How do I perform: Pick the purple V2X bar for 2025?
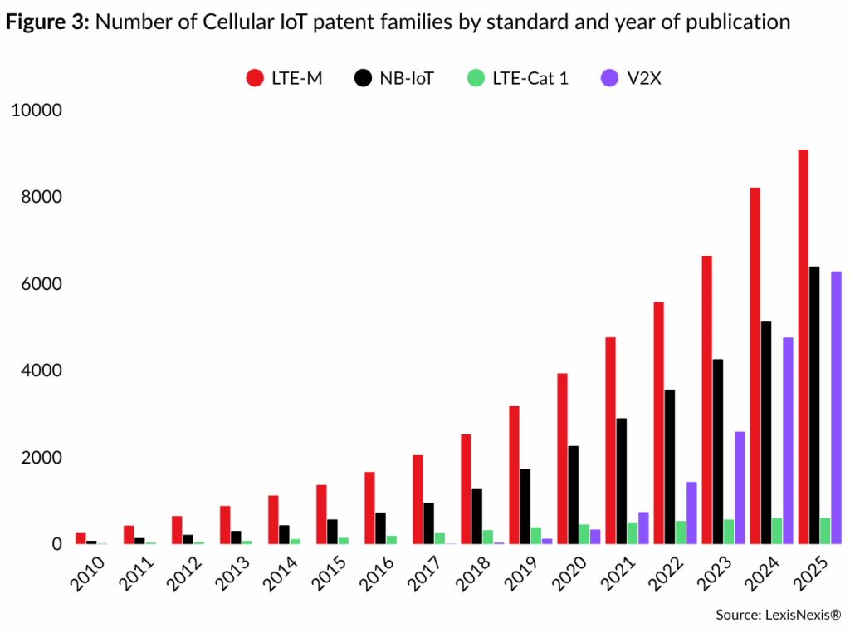(x=835, y=407)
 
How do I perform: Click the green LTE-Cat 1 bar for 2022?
(x=680, y=532)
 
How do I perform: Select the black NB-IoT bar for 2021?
(x=621, y=481)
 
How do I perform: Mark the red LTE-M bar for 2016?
(x=369, y=508)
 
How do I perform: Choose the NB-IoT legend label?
(x=406, y=79)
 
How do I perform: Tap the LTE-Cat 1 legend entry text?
(x=530, y=79)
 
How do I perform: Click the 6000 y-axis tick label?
(x=40, y=284)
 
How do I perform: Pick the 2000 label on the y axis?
(x=40, y=458)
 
